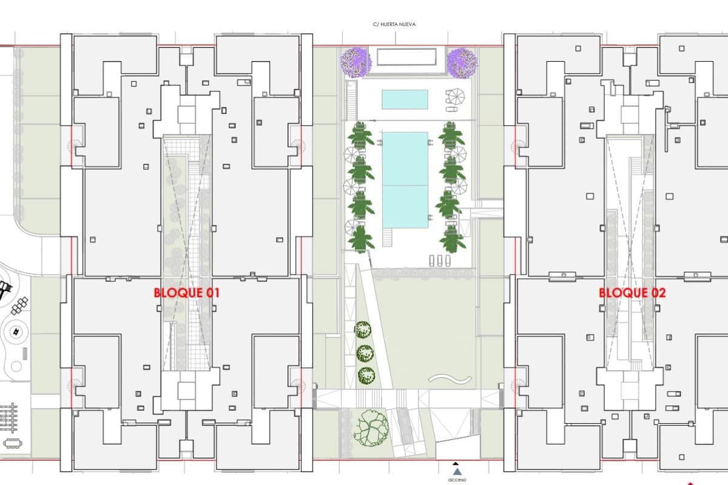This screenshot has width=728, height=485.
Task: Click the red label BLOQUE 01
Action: pos(186,293)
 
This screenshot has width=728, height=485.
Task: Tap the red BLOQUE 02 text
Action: pos(632,293)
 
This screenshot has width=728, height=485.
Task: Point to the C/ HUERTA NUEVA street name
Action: pos(394,25)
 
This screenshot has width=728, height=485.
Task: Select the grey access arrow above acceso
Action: pos(457,470)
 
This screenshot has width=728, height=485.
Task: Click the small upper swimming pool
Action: pos(405,99)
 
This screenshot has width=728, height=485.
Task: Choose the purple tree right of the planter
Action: pos(462,62)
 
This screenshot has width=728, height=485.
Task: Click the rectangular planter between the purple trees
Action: pos(407,57)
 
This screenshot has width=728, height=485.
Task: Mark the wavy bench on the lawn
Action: pos(450,378)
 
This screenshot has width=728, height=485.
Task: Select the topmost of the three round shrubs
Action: pos(363,330)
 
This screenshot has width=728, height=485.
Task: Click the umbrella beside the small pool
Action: pos(454,95)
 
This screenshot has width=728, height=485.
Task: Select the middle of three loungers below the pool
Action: pos(440,260)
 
